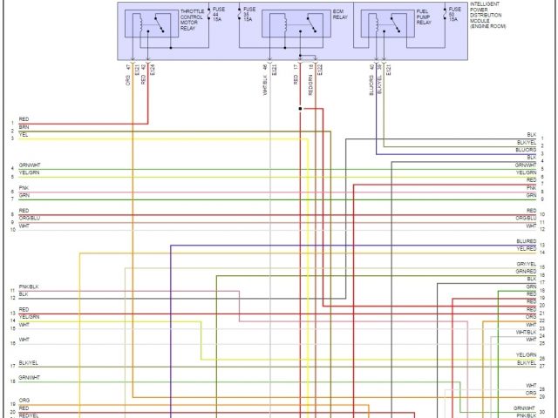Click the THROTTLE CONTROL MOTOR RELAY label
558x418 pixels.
[x=192, y=21]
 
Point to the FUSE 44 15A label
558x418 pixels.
[x=219, y=15]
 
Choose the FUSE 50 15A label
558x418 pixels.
[x=453, y=15]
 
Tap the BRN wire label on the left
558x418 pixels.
[x=24, y=127]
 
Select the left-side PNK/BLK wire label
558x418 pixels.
[x=29, y=287]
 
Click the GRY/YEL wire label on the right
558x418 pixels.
[x=526, y=264]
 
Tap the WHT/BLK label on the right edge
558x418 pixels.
[x=526, y=332]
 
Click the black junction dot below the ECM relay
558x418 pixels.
[x=300, y=109]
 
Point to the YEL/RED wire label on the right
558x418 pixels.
[x=526, y=249]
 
